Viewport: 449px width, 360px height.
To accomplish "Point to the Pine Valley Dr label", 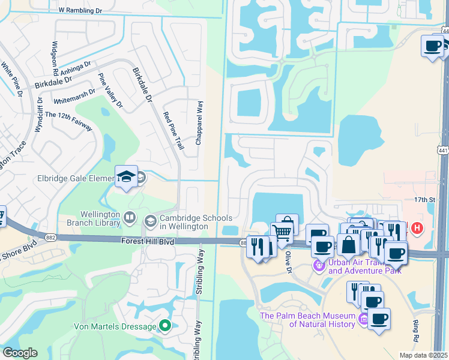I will [x=110, y=91].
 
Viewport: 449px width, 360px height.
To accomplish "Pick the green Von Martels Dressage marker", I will [x=164, y=326].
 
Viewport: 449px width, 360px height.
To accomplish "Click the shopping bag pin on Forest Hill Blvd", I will [x=348, y=244].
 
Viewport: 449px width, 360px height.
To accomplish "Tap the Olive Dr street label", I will [x=288, y=262].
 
